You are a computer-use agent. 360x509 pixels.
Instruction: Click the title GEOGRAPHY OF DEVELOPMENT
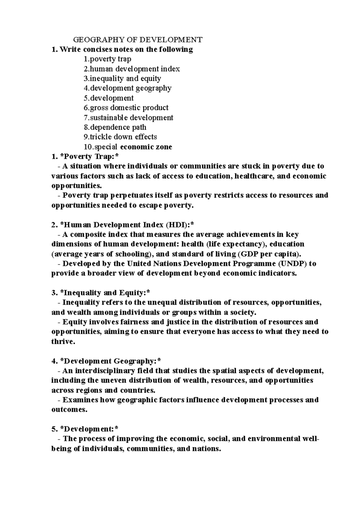point(138,40)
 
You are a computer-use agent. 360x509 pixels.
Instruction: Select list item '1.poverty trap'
point(107,59)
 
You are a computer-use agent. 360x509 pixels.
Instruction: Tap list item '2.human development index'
point(132,69)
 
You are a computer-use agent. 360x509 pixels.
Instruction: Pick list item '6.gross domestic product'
point(126,108)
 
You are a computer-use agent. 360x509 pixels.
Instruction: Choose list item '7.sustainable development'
point(128,118)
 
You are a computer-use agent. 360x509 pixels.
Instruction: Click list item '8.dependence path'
point(115,127)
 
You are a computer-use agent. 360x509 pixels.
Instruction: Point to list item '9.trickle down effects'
point(120,137)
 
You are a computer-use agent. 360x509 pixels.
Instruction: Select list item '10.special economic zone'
point(128,147)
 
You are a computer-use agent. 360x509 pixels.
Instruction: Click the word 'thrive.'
point(63,342)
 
